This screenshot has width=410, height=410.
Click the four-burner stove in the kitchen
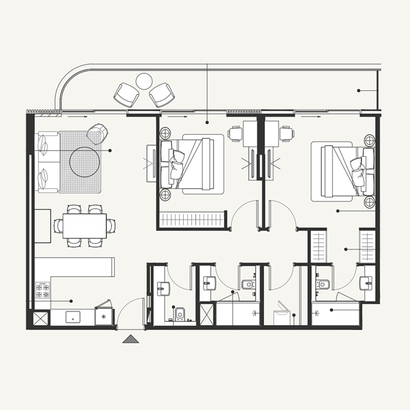[42, 291]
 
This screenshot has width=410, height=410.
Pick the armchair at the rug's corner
[97, 133]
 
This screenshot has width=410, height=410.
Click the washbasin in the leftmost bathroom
[162, 289]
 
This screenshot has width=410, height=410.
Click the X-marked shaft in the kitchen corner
[40, 319]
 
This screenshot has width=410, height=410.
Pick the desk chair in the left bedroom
[235, 134]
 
